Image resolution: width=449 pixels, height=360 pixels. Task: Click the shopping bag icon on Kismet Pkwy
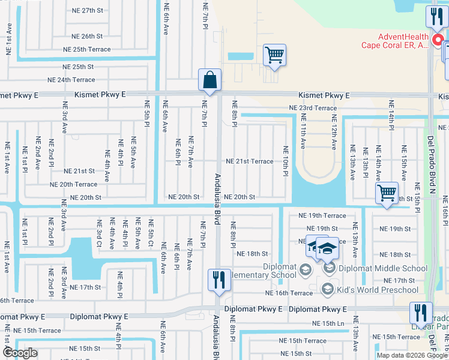tap(209, 80)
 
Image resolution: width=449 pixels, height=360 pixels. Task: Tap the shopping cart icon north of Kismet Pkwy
tap(274, 55)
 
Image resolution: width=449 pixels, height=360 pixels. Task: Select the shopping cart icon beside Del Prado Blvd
tap(387, 193)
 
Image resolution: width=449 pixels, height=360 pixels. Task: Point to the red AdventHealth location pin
tap(438, 41)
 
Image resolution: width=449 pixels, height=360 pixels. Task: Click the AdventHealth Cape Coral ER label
tap(394, 41)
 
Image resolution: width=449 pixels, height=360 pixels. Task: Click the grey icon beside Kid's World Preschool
tap(328, 290)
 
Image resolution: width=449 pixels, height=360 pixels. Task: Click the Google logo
tap(20, 353)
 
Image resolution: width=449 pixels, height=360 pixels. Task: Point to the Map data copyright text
tap(412, 355)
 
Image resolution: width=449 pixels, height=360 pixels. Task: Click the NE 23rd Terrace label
tap(313, 108)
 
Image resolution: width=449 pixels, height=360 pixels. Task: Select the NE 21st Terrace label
tap(249, 161)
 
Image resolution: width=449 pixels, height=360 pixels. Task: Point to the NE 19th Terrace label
tap(322, 215)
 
